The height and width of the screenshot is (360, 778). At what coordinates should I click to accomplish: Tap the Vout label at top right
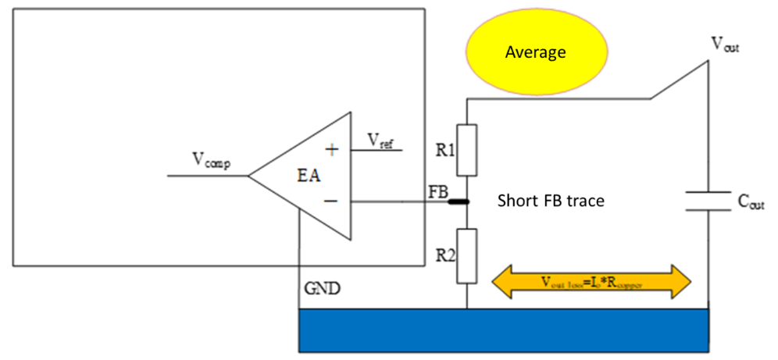[x=725, y=45]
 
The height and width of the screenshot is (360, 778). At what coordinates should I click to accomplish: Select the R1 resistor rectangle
[x=466, y=149]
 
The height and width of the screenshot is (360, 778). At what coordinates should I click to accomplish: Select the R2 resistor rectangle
[x=466, y=255]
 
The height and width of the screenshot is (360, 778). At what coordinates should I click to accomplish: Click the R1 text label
[x=446, y=149]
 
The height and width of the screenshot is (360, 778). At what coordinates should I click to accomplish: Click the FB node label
[x=438, y=190]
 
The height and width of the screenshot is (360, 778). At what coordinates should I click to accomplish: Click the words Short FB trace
[x=551, y=201]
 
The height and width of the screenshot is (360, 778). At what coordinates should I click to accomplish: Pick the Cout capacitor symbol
[x=708, y=201]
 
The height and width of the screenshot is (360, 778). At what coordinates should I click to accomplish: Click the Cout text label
[x=750, y=201]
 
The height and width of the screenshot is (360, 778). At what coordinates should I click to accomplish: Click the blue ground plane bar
[x=504, y=329]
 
